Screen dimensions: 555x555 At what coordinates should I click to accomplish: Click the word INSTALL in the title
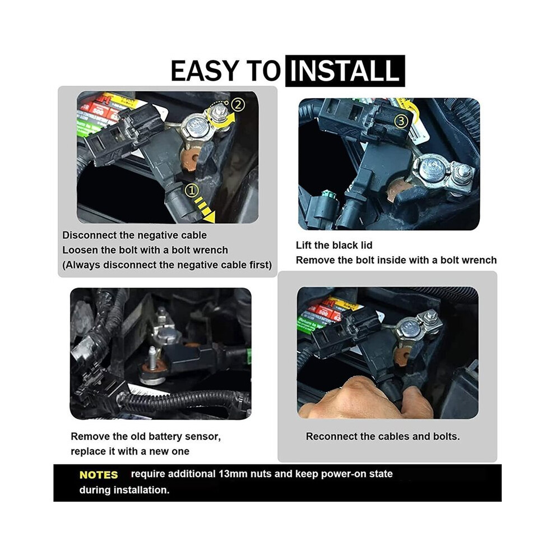coord(344,71)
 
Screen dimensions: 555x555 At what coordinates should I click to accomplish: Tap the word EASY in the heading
coord(205,71)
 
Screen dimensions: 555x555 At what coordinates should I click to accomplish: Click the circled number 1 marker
coord(192,191)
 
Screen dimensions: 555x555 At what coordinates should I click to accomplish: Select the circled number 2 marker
coord(238,105)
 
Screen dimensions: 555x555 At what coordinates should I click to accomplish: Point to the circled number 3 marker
coord(401,122)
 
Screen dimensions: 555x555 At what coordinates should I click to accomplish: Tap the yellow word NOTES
coord(99,475)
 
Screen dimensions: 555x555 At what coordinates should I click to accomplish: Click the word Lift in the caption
coord(303,245)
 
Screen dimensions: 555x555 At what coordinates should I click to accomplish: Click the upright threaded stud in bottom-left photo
coord(152,358)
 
